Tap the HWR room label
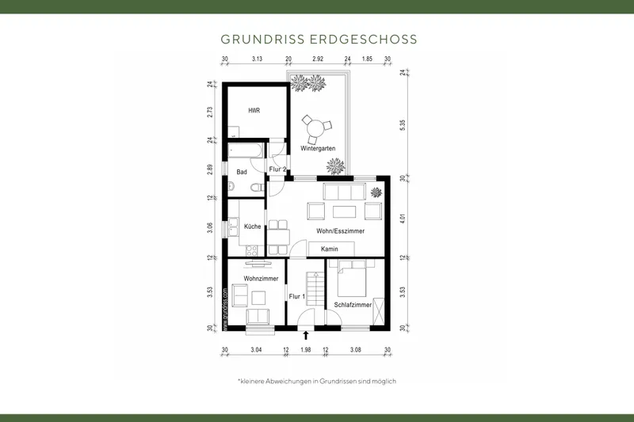click(254, 111)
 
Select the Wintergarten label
click(317, 149)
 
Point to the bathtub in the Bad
click(248, 148)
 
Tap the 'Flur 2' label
click(277, 169)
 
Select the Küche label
click(253, 226)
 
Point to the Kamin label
click(330, 249)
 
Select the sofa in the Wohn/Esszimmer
click(342, 192)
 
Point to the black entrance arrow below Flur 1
click(306, 336)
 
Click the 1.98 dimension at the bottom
click(306, 349)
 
